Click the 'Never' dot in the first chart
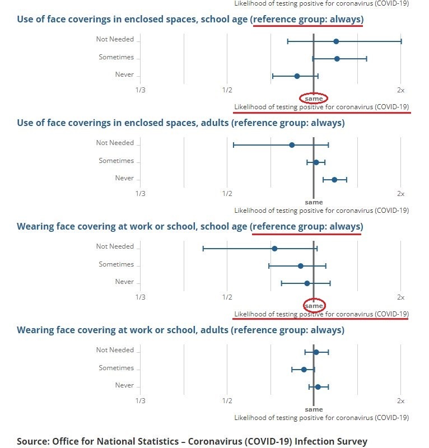[297, 76]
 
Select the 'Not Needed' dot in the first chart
[336, 41]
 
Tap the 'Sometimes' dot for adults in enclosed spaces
[316, 162]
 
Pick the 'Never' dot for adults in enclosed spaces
[334, 180]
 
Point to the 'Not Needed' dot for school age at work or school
[274, 249]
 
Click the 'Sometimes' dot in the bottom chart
[304, 370]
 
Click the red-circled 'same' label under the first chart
[314, 99]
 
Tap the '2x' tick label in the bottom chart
[400, 400]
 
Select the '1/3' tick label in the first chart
[140, 90]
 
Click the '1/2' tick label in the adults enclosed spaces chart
[227, 193]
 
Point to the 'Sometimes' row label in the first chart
[116, 57]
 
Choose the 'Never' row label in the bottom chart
[124, 385]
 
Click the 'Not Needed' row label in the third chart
[115, 246]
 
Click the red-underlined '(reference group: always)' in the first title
[307, 19]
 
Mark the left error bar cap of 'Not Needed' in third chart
[203, 249]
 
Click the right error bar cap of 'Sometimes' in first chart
[366, 59]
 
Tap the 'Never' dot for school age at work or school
[307, 283]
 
